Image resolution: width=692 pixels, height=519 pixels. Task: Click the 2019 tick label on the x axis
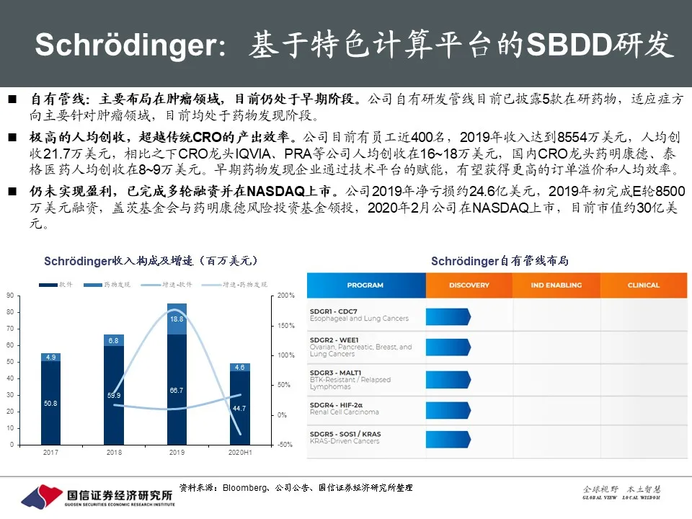[177, 452]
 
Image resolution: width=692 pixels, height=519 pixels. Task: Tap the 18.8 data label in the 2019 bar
[177, 319]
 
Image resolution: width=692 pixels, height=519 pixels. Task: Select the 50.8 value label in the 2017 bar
[50, 403]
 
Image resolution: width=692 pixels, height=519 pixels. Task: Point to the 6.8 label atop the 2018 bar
[114, 340]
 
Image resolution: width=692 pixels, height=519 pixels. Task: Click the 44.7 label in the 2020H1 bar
[240, 408]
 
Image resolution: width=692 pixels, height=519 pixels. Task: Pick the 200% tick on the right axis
[286, 296]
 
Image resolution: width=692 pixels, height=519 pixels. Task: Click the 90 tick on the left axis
[10, 296]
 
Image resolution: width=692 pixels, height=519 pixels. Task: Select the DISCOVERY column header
[469, 285]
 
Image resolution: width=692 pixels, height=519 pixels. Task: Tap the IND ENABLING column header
[556, 285]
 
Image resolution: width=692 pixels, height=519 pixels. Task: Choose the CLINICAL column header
[643, 285]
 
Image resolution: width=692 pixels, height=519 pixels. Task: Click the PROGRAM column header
[365, 285]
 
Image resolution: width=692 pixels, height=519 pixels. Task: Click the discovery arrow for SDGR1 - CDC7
[448, 316]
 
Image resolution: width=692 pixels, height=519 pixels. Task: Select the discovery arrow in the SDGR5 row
[448, 437]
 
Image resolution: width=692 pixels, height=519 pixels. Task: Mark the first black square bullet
[12, 98]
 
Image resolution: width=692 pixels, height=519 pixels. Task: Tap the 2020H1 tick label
[240, 452]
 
